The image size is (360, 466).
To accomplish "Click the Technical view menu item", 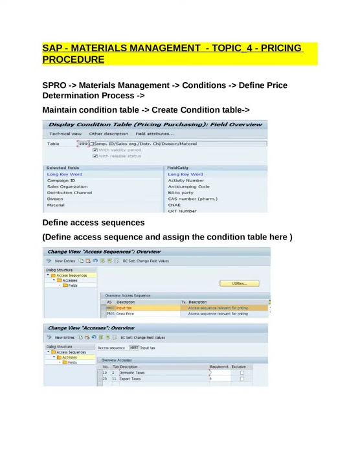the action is (64, 133).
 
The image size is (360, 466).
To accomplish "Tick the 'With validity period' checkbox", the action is (95, 150).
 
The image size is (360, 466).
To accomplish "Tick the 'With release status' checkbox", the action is (95, 156).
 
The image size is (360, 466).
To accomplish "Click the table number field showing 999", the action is (83, 144).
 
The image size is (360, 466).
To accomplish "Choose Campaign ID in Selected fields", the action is (61, 181).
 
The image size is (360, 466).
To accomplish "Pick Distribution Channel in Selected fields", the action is (69, 193).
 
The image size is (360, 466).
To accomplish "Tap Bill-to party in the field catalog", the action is (181, 193).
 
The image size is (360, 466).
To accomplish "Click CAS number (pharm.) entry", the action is (192, 199).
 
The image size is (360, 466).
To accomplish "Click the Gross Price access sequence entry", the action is (125, 314).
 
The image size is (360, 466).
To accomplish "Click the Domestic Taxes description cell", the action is (132, 373).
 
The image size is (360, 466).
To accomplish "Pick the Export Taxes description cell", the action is (130, 379).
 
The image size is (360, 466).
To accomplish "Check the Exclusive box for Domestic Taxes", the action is (242, 373).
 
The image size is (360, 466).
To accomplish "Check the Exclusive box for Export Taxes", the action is (242, 379).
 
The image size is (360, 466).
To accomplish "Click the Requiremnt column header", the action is (219, 367).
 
